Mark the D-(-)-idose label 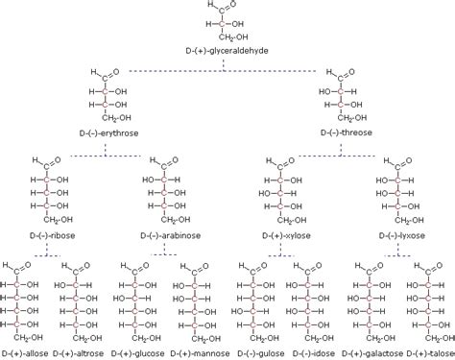click(x=312, y=353)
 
